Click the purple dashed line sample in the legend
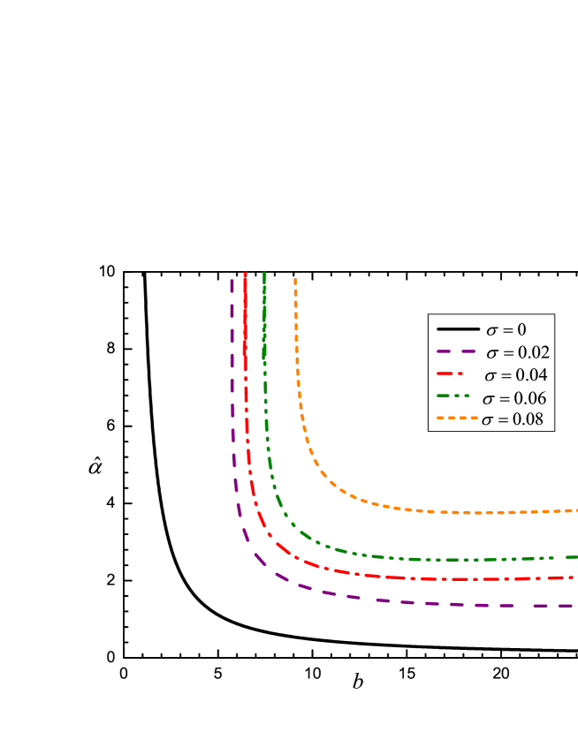click(456, 351)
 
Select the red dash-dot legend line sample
click(450, 373)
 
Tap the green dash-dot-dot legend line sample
click(453, 396)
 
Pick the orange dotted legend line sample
click(457, 418)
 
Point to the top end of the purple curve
click(232, 281)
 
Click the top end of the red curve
click(245, 274)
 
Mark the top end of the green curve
click(264, 274)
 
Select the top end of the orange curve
click(295, 279)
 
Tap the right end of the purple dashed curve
click(573, 606)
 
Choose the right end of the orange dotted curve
click(575, 510)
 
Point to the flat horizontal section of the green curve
click(460, 560)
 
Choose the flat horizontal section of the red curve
click(460, 579)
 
